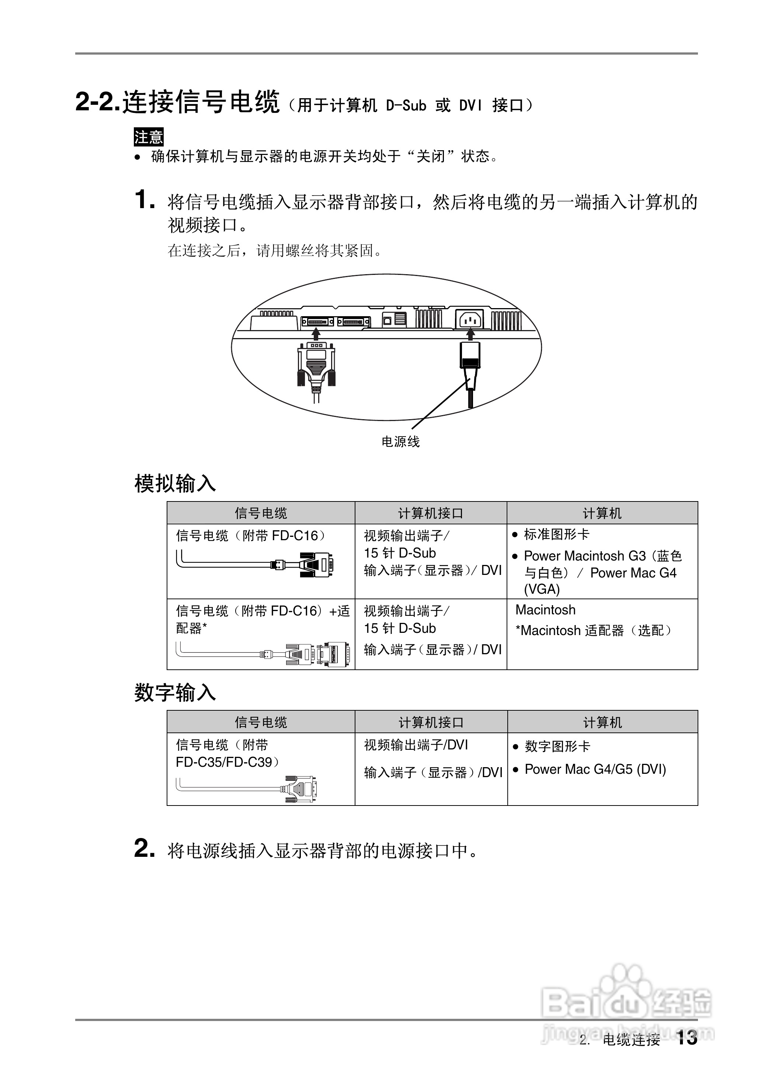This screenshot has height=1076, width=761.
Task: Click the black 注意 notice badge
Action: pyautogui.click(x=149, y=137)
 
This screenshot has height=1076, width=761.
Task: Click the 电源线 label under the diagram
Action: pyautogui.click(x=401, y=442)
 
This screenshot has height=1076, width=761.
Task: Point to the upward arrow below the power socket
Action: pyautogui.click(x=471, y=334)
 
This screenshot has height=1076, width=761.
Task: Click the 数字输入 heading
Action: pyautogui.click(x=175, y=693)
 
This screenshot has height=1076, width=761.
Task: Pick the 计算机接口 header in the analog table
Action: pyautogui.click(x=431, y=513)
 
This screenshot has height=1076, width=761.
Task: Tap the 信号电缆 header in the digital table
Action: pyautogui.click(x=261, y=722)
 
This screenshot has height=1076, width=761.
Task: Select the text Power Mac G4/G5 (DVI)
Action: pyautogui.click(x=595, y=769)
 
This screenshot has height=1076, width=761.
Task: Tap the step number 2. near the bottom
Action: pyautogui.click(x=144, y=849)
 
